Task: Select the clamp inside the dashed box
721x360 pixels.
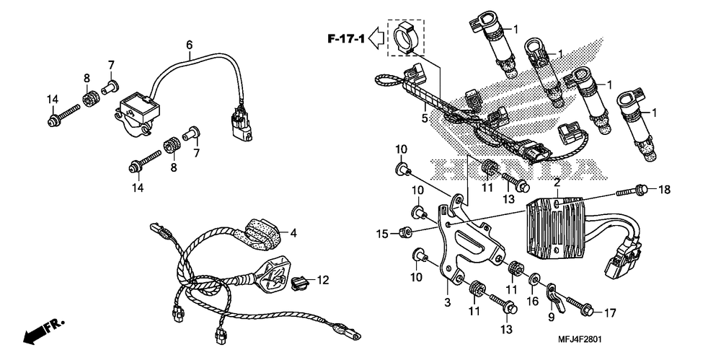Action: click(406, 37)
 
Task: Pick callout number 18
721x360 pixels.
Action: click(664, 190)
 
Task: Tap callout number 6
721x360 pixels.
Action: click(190, 45)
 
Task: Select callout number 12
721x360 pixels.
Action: click(322, 279)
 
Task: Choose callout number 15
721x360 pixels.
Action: click(383, 233)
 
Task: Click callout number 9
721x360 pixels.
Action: click(550, 316)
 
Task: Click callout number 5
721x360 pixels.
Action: click(425, 116)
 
